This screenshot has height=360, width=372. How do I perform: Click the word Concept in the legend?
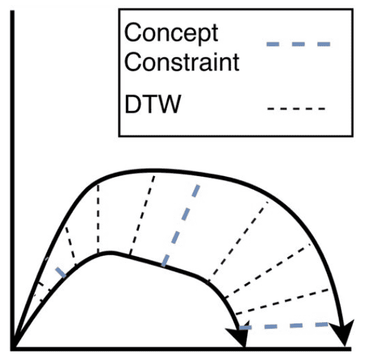pos(171,33)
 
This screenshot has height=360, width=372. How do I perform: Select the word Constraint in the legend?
pos(181,62)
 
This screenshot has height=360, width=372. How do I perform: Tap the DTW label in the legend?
pos(153,104)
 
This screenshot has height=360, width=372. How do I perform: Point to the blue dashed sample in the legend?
pos(298,44)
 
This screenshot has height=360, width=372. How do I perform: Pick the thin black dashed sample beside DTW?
pos(296,109)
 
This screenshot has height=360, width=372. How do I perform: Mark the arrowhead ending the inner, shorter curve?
pos(239,334)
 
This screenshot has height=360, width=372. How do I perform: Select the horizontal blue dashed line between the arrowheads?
pos(283,326)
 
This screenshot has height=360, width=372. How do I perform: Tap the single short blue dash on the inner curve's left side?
pos(61,272)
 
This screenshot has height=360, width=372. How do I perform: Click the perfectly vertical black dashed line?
pos(98,218)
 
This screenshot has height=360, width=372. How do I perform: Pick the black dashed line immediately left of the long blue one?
pos(142,215)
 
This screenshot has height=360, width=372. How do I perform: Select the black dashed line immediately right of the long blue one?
pos(238,242)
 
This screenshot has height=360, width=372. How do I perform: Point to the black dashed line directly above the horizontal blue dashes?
pos(283,302)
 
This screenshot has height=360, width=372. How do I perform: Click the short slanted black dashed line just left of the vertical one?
pos(70,246)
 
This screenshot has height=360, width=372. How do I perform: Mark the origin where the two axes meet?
pos(13,348)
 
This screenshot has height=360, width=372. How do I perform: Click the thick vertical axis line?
pos(12,180)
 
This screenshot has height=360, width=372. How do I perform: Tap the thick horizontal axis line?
pos(181,349)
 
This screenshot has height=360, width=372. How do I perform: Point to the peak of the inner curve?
pos(110,253)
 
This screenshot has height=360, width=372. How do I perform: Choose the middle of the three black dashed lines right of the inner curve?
pos(268,271)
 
